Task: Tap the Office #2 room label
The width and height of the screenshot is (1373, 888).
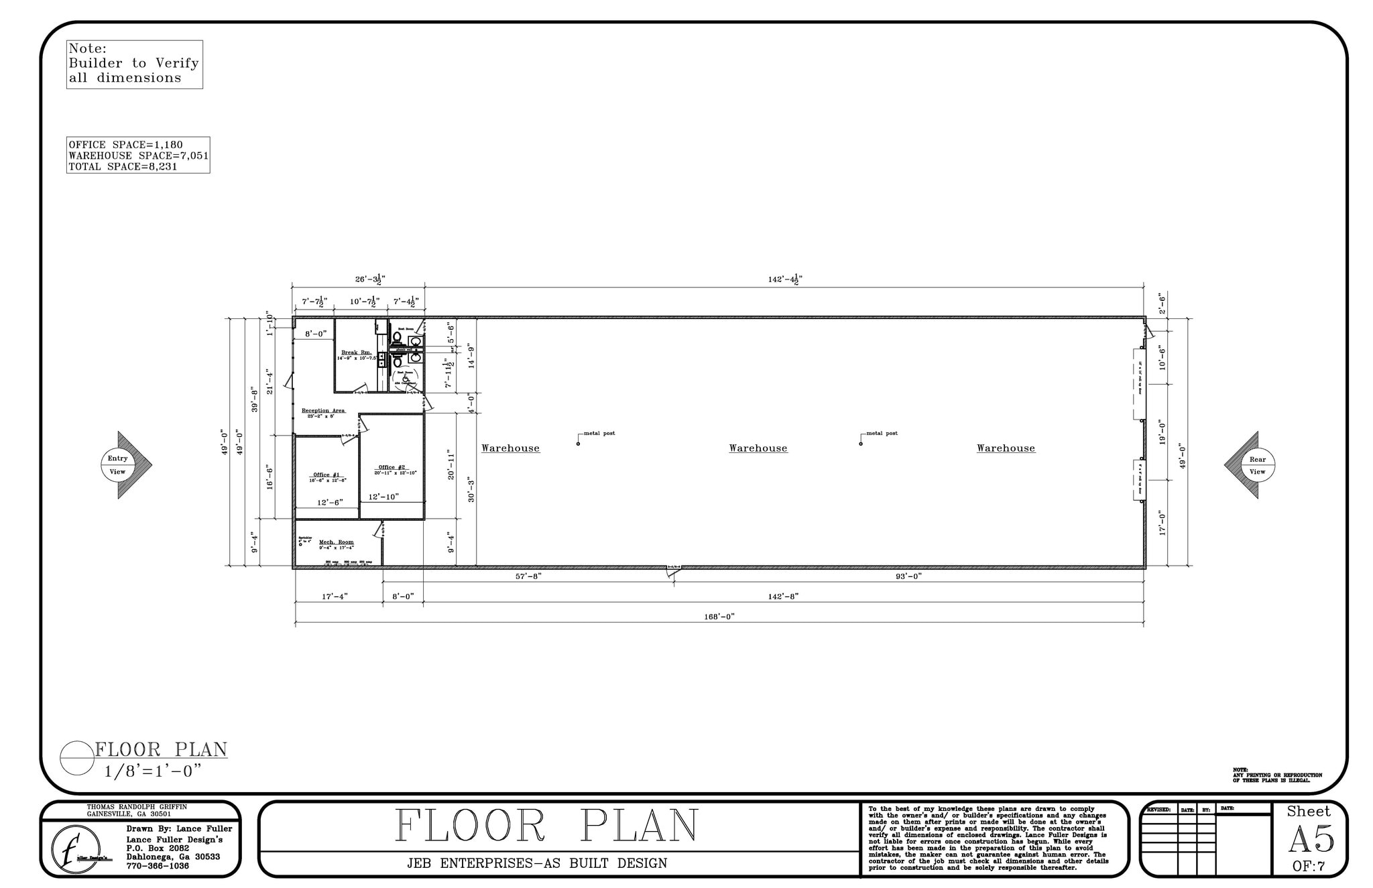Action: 392,468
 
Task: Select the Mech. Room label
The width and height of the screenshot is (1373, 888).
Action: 336,542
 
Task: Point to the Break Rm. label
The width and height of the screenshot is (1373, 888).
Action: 356,353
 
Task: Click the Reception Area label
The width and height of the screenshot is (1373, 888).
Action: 323,411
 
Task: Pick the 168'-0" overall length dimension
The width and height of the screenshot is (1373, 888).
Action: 719,617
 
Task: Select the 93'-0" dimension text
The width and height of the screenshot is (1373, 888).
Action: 908,576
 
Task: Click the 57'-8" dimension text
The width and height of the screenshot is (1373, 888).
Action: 528,576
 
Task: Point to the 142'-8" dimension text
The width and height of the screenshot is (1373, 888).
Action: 783,596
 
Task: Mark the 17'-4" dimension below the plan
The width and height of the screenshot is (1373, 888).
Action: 335,596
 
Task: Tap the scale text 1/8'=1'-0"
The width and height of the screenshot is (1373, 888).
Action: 153,771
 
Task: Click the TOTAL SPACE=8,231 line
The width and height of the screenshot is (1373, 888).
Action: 123,167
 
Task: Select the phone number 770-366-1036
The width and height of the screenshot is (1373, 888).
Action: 158,867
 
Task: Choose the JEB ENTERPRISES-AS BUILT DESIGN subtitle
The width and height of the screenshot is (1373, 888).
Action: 537,863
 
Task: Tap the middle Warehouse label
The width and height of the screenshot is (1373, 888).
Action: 758,448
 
